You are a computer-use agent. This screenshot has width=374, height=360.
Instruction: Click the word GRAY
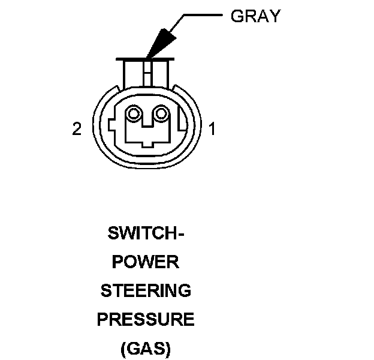click(x=255, y=16)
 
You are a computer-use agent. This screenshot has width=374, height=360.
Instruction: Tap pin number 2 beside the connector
click(x=77, y=129)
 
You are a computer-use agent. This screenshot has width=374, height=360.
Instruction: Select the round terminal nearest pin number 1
click(x=160, y=113)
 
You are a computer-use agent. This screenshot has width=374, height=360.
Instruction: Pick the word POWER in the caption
click(x=146, y=262)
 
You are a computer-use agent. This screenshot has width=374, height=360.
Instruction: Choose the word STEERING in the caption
click(x=146, y=291)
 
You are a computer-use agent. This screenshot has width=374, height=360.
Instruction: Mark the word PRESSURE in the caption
click(x=146, y=320)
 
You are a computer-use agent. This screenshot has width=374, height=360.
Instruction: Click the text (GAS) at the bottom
click(x=146, y=349)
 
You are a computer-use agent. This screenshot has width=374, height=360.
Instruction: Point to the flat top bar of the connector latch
click(x=146, y=59)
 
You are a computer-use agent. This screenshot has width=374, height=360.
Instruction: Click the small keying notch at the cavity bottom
click(x=148, y=143)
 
